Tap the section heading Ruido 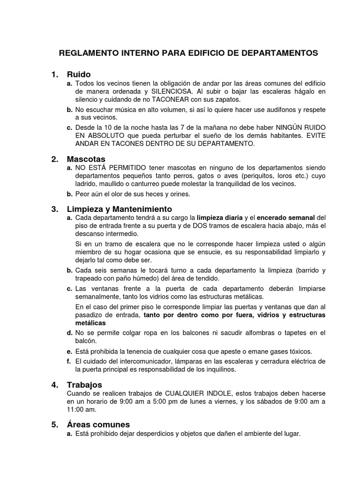79,75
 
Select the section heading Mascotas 86,159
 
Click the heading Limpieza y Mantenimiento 120,209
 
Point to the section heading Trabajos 85,384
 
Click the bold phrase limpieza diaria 220,218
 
